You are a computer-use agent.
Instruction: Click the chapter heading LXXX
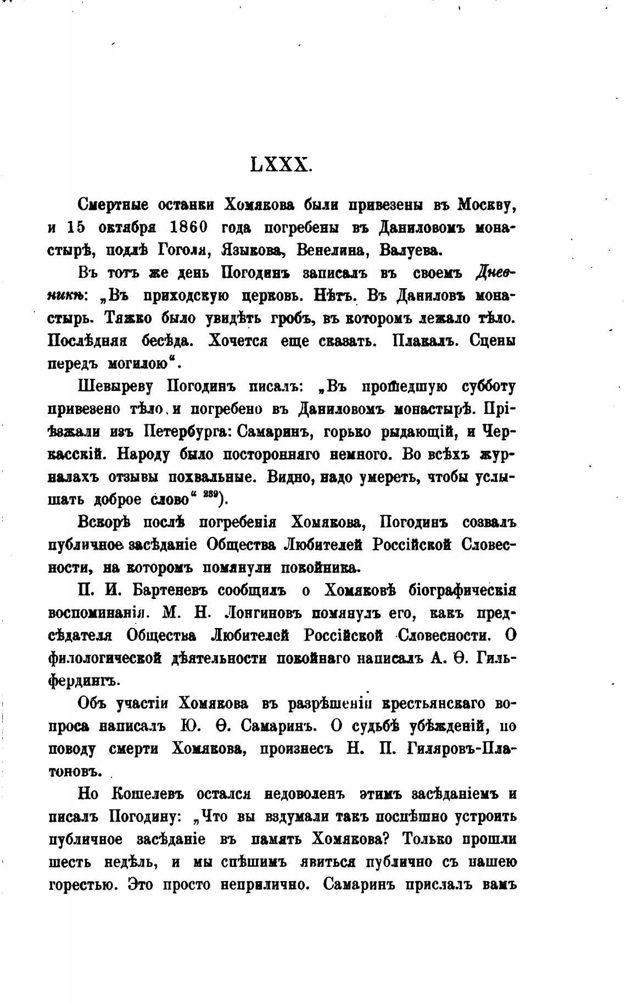281,164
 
